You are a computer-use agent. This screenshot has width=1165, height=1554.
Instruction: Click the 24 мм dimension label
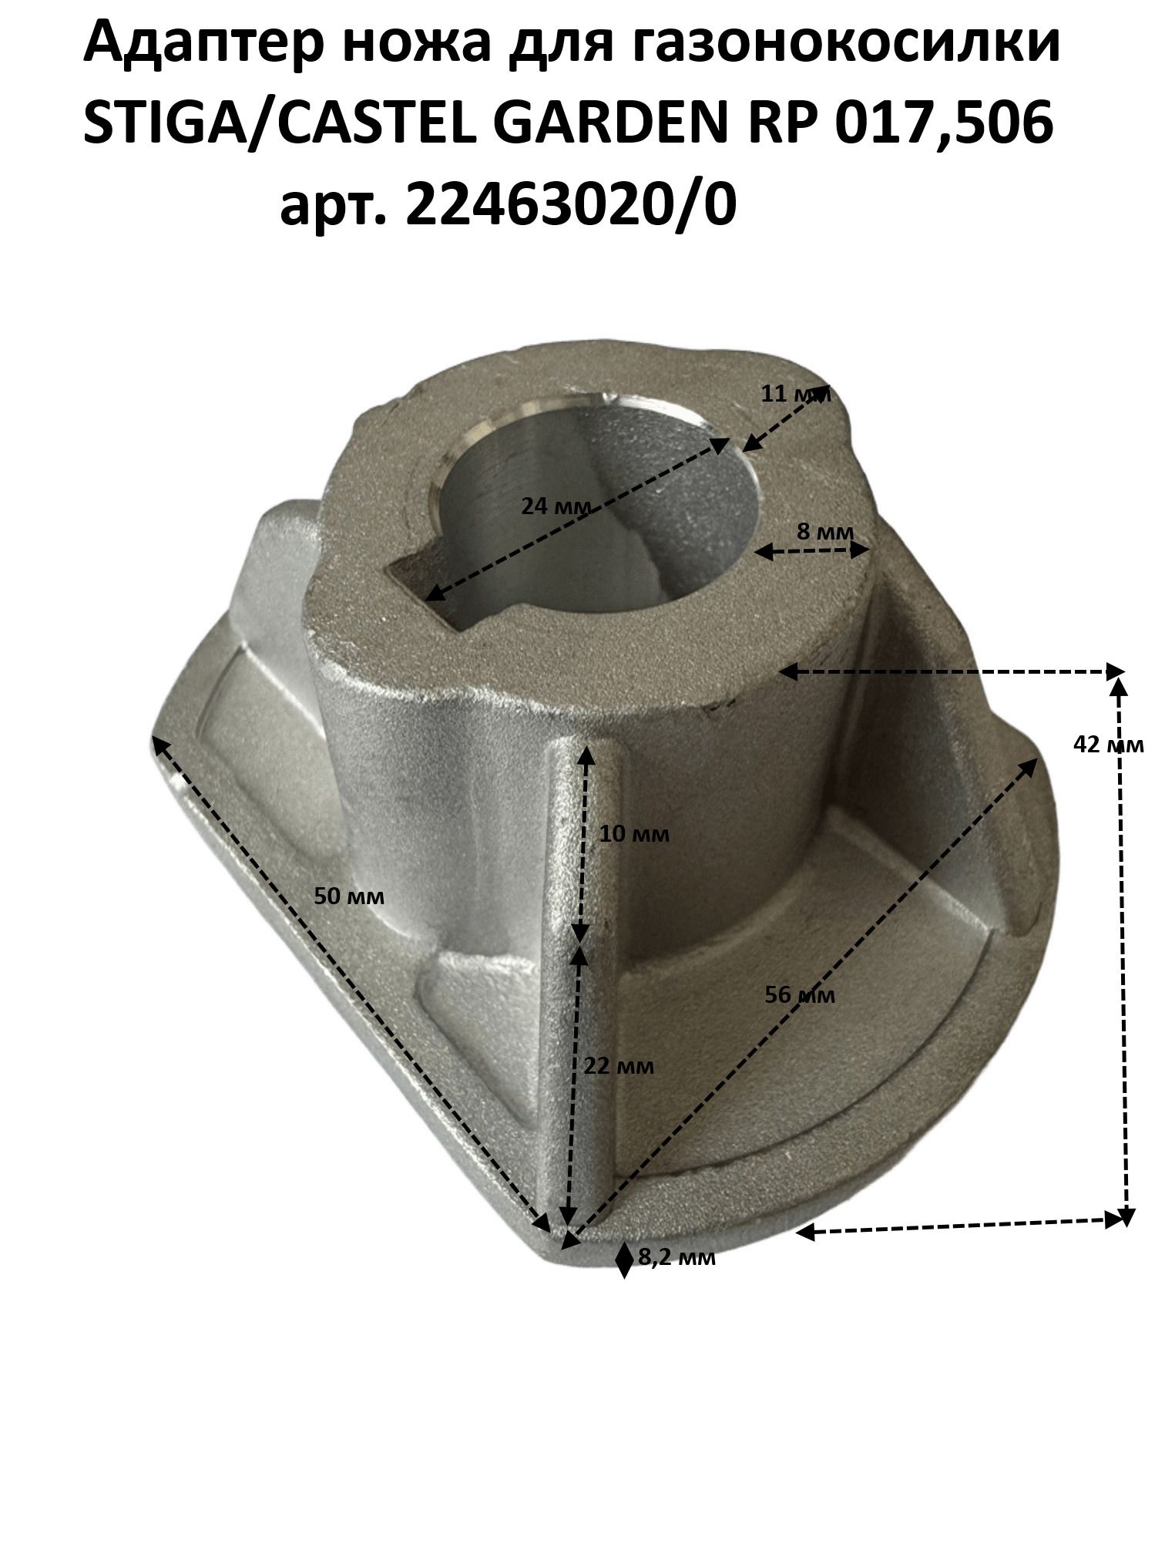pos(556,506)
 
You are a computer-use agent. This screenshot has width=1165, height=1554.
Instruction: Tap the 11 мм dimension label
pos(796,395)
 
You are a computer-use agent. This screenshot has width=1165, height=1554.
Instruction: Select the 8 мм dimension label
pos(825,532)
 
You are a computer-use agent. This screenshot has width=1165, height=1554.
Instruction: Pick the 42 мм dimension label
pos(1108,744)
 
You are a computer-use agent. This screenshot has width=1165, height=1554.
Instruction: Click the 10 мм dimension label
pos(634,834)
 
